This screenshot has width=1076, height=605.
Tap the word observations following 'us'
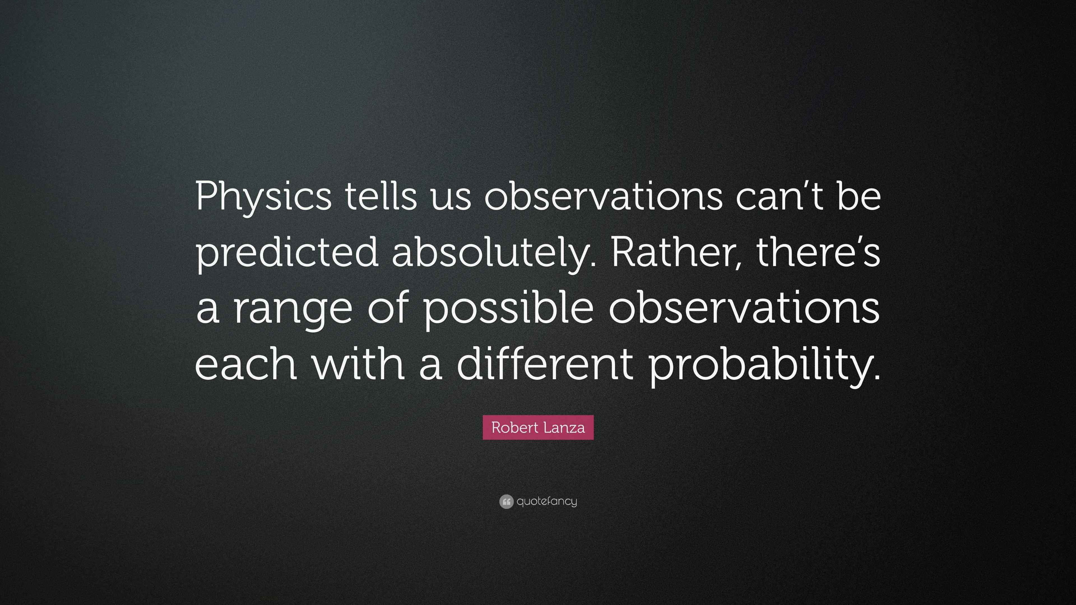coord(603,196)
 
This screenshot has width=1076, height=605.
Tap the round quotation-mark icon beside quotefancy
coord(506,501)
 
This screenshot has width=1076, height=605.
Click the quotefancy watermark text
coord(547,501)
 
